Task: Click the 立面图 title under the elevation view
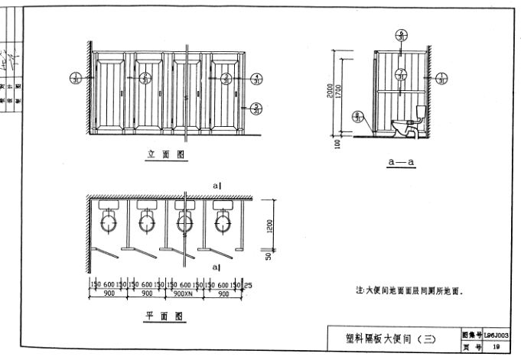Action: click(x=167, y=155)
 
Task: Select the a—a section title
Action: click(x=400, y=162)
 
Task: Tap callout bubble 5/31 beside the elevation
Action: click(x=257, y=108)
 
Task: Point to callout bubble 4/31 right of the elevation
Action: click(x=257, y=79)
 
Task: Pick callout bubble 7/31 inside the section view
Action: click(x=401, y=76)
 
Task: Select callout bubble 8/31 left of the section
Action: click(x=357, y=115)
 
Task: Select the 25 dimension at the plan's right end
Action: click(x=249, y=284)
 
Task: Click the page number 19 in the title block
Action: click(x=497, y=346)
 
